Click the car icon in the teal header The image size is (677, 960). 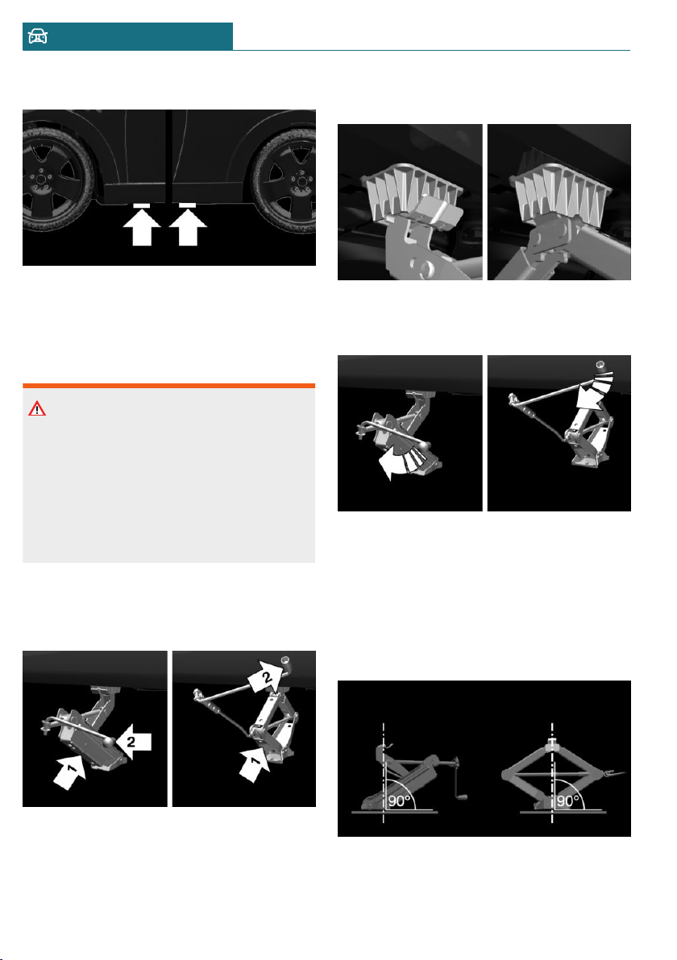(x=38, y=36)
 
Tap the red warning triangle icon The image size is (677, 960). (x=37, y=408)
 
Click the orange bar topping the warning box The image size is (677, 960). (x=169, y=386)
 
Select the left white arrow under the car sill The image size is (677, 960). (x=142, y=226)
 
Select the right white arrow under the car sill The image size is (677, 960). (x=188, y=226)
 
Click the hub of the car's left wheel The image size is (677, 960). (x=41, y=180)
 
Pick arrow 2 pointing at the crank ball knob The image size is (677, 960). (x=134, y=742)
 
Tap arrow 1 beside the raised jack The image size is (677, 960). (x=255, y=764)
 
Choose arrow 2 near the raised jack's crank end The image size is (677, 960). (x=264, y=677)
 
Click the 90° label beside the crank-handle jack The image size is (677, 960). (x=399, y=801)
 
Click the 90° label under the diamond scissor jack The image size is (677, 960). (x=567, y=801)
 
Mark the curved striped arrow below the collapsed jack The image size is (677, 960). (x=401, y=463)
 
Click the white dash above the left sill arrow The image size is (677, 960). (x=142, y=205)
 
